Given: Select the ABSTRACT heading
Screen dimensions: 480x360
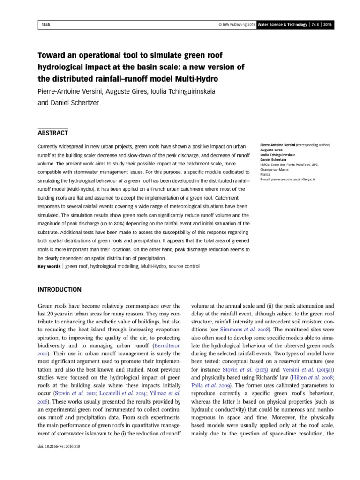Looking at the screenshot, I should pyautogui.click(x=52, y=133).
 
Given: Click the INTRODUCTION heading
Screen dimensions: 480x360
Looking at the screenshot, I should pyautogui.click(x=60, y=289).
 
